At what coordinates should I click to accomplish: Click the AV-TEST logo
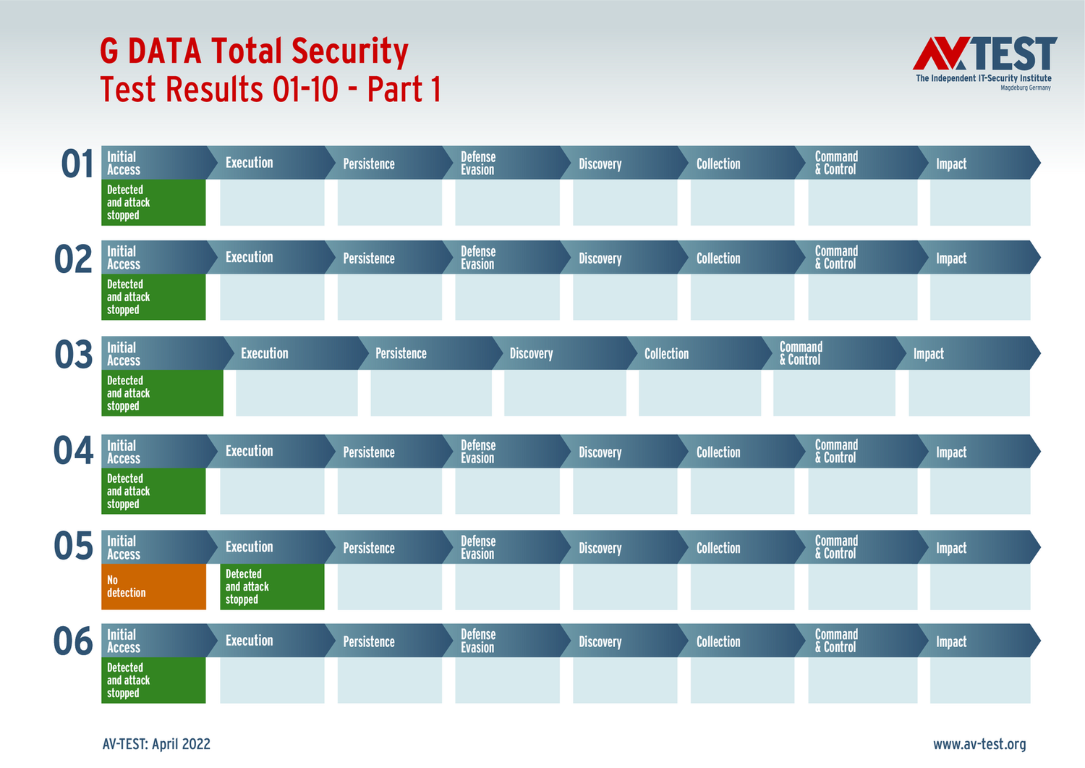click(x=984, y=62)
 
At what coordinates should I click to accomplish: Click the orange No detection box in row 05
click(x=153, y=586)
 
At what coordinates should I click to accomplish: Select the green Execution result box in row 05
click(x=272, y=586)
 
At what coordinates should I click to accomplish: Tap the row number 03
click(x=74, y=355)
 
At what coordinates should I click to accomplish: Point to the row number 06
click(x=74, y=641)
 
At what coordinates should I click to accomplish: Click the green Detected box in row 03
click(x=162, y=393)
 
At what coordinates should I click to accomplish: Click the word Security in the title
click(x=350, y=51)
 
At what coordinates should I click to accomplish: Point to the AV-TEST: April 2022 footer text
click(x=156, y=744)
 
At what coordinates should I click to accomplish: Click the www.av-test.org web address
click(x=979, y=744)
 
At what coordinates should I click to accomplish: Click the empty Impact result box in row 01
click(x=980, y=203)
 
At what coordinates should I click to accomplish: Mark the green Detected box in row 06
click(x=153, y=680)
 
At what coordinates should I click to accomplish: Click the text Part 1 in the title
click(x=404, y=90)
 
